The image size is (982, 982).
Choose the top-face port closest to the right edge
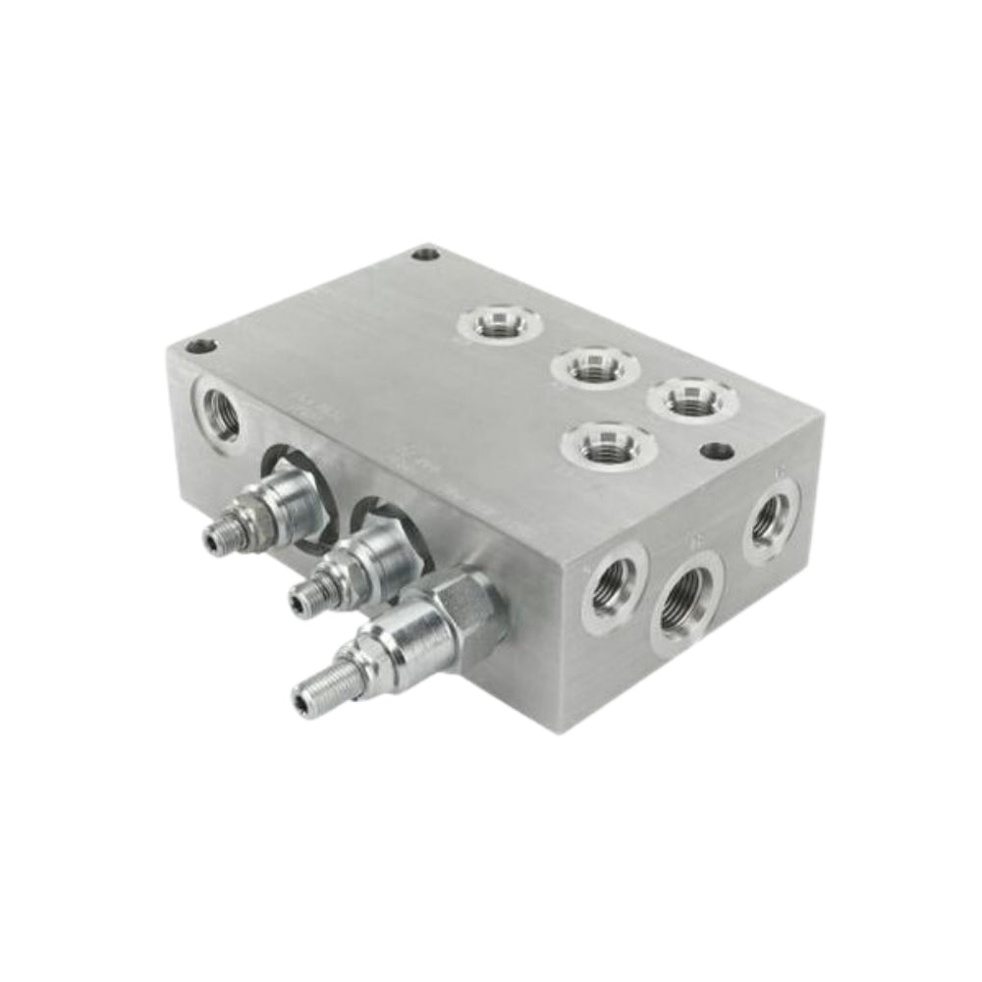pos(692,397)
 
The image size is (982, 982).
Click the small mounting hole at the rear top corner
pos(424,254)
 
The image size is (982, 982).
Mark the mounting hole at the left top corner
pos(200,346)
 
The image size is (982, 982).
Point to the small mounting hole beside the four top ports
pos(718,451)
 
